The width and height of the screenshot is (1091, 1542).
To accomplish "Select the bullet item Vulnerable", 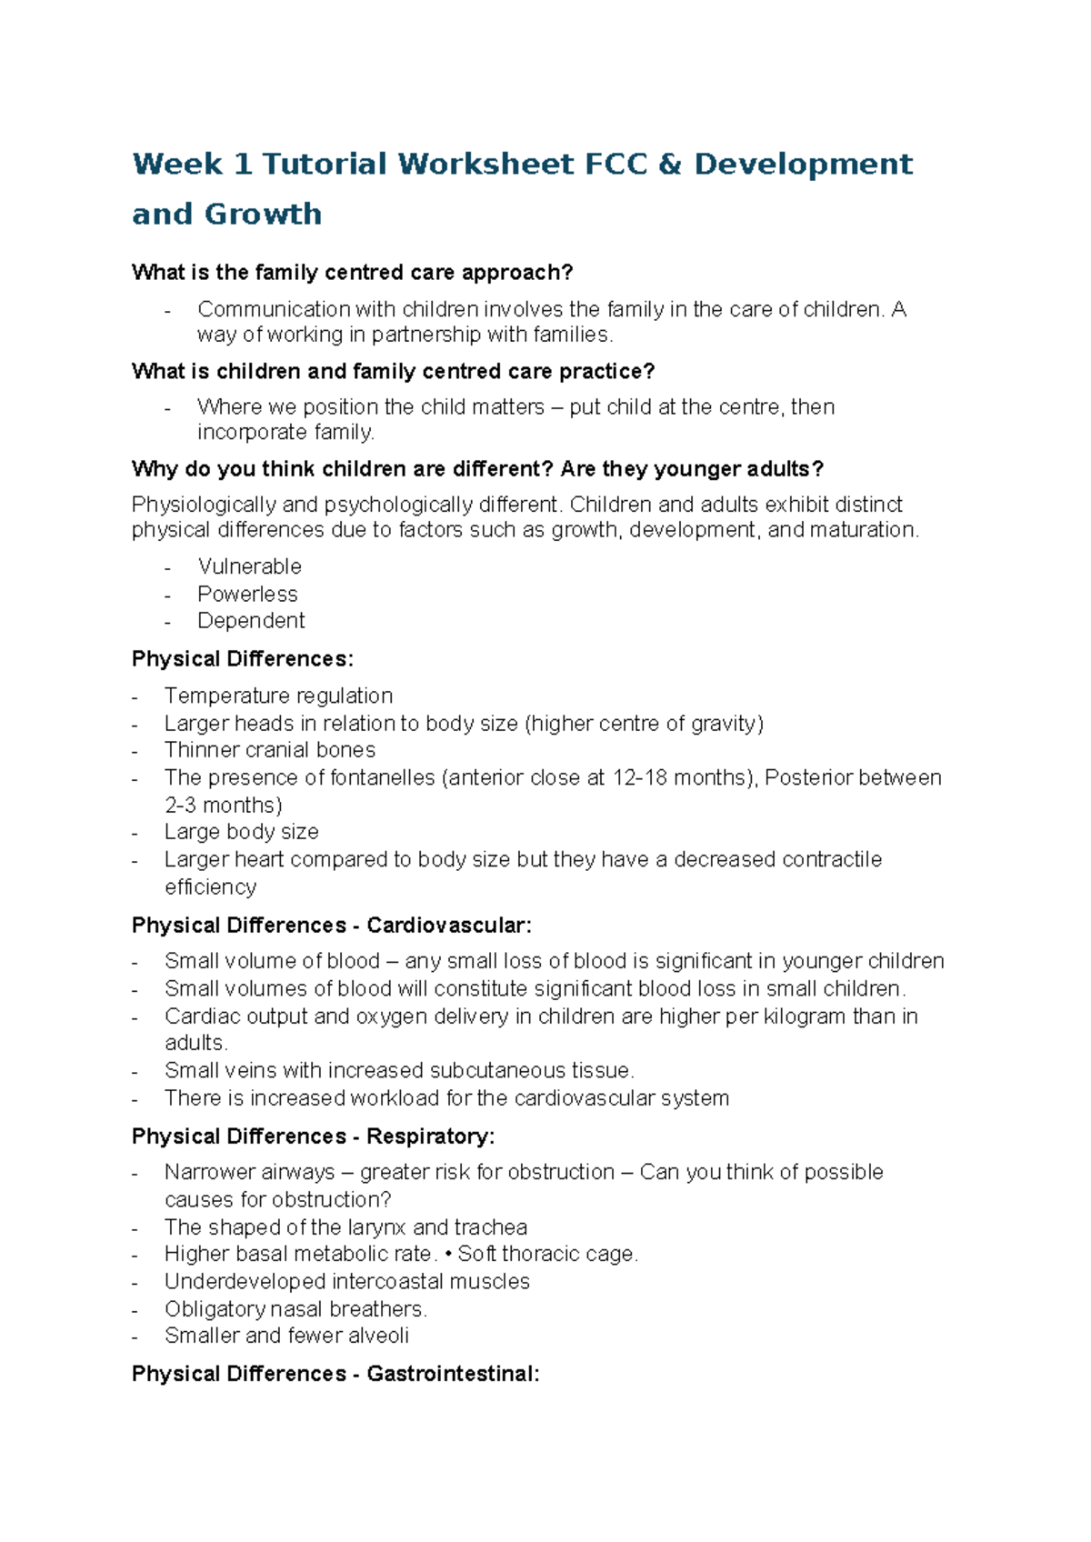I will (x=249, y=566).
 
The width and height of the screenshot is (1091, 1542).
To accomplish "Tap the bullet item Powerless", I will (x=247, y=594).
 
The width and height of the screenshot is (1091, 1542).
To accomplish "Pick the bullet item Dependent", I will (x=251, y=621).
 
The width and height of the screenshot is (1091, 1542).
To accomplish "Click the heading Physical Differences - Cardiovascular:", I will (x=332, y=926).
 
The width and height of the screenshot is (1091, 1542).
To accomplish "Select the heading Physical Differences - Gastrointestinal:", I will (x=335, y=1374).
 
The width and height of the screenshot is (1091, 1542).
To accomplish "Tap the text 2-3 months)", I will (x=224, y=806).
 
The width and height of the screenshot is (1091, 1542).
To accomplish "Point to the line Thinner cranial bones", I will (x=270, y=750).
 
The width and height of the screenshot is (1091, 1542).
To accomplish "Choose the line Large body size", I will (x=242, y=832).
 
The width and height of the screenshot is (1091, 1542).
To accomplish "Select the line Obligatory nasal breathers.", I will (x=295, y=1309).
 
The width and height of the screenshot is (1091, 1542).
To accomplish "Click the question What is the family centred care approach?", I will (x=353, y=273).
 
